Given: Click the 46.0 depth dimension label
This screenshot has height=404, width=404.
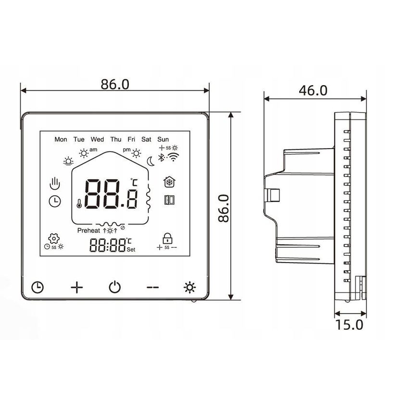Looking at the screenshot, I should pyautogui.click(x=313, y=90).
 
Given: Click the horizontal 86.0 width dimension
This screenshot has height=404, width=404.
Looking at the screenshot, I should pyautogui.click(x=115, y=84).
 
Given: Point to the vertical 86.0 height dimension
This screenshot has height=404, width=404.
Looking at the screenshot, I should pyautogui.click(x=222, y=208).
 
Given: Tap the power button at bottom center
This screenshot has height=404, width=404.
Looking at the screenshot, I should pyautogui.click(x=114, y=288).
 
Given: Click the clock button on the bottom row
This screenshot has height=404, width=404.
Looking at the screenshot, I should pyautogui.click(x=38, y=288).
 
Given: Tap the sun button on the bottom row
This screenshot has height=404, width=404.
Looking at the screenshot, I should pyautogui.click(x=190, y=288).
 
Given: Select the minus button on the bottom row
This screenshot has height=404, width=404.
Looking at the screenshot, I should pyautogui.click(x=152, y=288).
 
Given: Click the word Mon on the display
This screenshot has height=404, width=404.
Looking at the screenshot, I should pyautogui.click(x=61, y=139).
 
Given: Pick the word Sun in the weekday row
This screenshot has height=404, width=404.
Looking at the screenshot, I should pyautogui.click(x=164, y=139).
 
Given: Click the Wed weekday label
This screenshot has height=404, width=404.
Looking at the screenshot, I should pyautogui.click(x=97, y=139).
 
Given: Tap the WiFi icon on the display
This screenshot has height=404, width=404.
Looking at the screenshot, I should pyautogui.click(x=172, y=157).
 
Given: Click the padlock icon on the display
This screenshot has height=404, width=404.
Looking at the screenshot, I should pyautogui.click(x=167, y=238).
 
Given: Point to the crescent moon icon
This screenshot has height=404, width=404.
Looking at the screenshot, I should pyautogui.click(x=151, y=161).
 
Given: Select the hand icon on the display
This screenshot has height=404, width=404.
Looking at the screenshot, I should pyautogui.click(x=56, y=183).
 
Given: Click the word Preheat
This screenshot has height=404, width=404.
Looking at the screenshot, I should pyautogui.click(x=89, y=231).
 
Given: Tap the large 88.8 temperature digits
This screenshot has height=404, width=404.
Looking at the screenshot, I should pyautogui.click(x=109, y=194).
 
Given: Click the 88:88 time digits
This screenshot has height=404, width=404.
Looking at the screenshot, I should pyautogui.click(x=107, y=246).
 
